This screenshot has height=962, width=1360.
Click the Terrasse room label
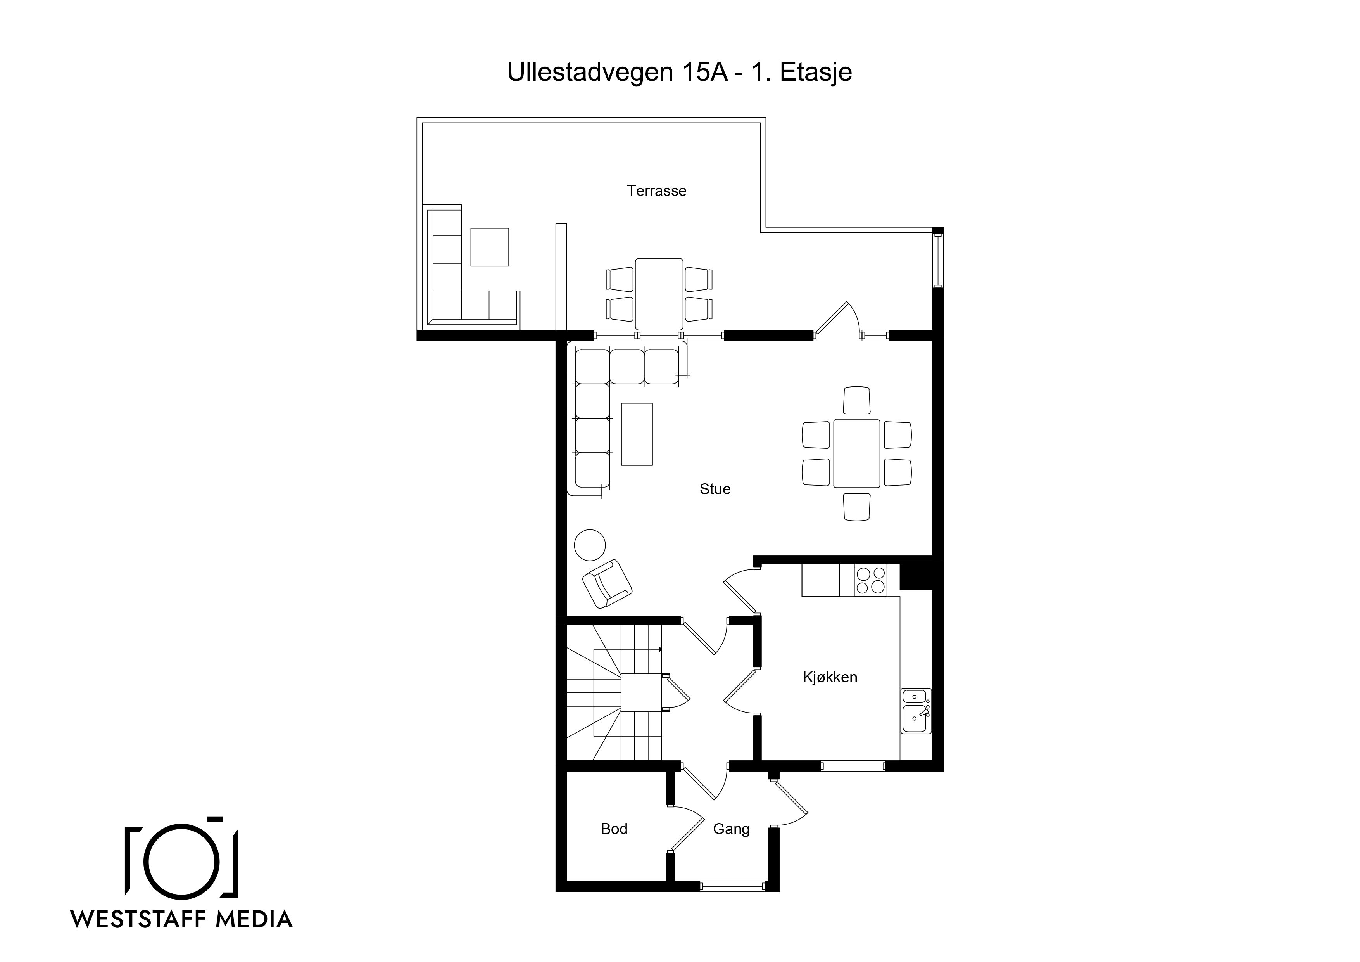click(x=656, y=191)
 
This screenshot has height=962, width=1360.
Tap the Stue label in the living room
click(x=715, y=489)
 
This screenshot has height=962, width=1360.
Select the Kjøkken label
click(x=830, y=678)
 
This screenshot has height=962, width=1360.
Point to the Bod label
click(x=614, y=829)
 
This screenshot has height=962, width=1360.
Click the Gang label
click(x=731, y=829)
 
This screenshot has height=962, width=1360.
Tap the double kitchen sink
click(x=916, y=710)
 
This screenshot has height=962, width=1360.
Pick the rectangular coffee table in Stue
click(x=637, y=434)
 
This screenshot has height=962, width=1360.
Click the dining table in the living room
click(x=856, y=453)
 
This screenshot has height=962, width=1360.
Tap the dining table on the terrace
click(x=659, y=294)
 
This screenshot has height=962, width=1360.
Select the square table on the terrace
click(x=489, y=247)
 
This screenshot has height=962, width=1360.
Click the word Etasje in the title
click(x=816, y=72)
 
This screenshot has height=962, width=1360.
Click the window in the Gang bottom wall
click(x=732, y=887)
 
